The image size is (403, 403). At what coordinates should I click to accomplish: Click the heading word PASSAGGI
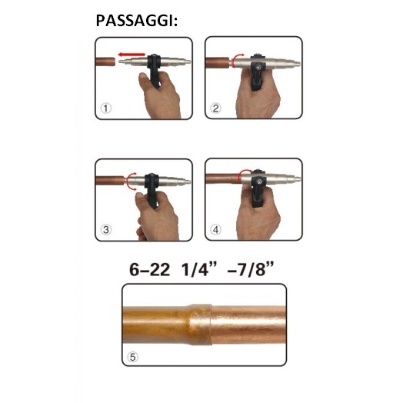point(135,21)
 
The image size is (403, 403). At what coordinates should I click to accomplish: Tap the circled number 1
point(106,108)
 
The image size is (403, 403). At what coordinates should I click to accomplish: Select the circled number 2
point(215,108)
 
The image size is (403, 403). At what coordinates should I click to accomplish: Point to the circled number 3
point(106,229)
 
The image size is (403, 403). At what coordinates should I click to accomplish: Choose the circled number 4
point(215,229)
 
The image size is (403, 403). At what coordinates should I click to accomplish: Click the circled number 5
point(132,357)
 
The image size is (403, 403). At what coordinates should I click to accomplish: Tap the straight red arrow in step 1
point(132,55)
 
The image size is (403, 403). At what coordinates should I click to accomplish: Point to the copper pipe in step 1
point(105,62)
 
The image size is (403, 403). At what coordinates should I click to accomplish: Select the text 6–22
point(149,270)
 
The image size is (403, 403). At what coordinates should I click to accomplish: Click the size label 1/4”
point(199,269)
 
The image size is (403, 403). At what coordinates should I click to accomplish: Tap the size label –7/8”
point(251,269)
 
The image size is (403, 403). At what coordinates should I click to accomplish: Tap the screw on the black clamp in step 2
point(258,68)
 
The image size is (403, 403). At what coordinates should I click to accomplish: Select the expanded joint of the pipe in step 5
point(198,325)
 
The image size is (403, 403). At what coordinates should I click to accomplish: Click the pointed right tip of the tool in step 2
point(300,64)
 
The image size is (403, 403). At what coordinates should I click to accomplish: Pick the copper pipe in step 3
point(110,180)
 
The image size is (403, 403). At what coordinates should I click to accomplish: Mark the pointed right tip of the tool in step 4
point(300,179)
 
